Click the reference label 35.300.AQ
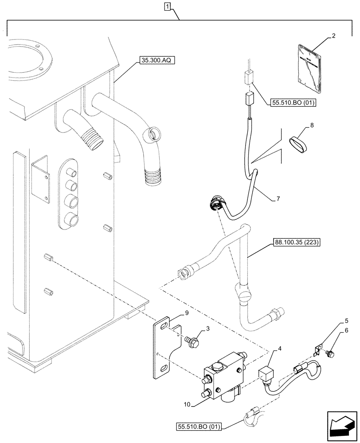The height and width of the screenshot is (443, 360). click(156, 60)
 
